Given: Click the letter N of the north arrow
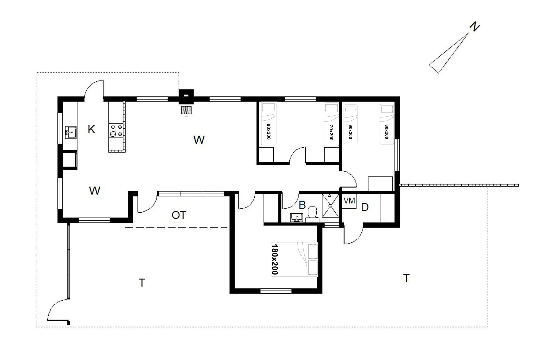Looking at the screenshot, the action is coord(474,27).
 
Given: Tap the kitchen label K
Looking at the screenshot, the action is coord(91,129).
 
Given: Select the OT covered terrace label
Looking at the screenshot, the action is coord(179,215).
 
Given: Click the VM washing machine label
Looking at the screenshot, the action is coord(349,201).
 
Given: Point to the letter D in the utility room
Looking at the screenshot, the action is coord(365,207).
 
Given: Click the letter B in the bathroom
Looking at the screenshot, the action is coord(302,205).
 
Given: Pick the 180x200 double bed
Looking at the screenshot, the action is coord(294,259).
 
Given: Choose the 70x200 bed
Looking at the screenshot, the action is coord(331,124).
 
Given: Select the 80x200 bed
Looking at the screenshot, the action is coord(387,124).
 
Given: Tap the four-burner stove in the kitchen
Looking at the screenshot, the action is coord(116,130).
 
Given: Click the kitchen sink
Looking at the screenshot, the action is coord(71,132).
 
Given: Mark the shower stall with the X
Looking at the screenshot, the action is coord(330,206).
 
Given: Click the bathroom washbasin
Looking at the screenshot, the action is coord(296,217).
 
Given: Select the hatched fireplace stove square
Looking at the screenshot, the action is coord(186,110).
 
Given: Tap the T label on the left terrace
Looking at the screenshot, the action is coord(142,282).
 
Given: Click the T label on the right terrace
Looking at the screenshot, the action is coord(406,278).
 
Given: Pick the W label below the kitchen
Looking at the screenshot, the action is coord(94,191).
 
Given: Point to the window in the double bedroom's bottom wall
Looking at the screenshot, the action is coord(276,291).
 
